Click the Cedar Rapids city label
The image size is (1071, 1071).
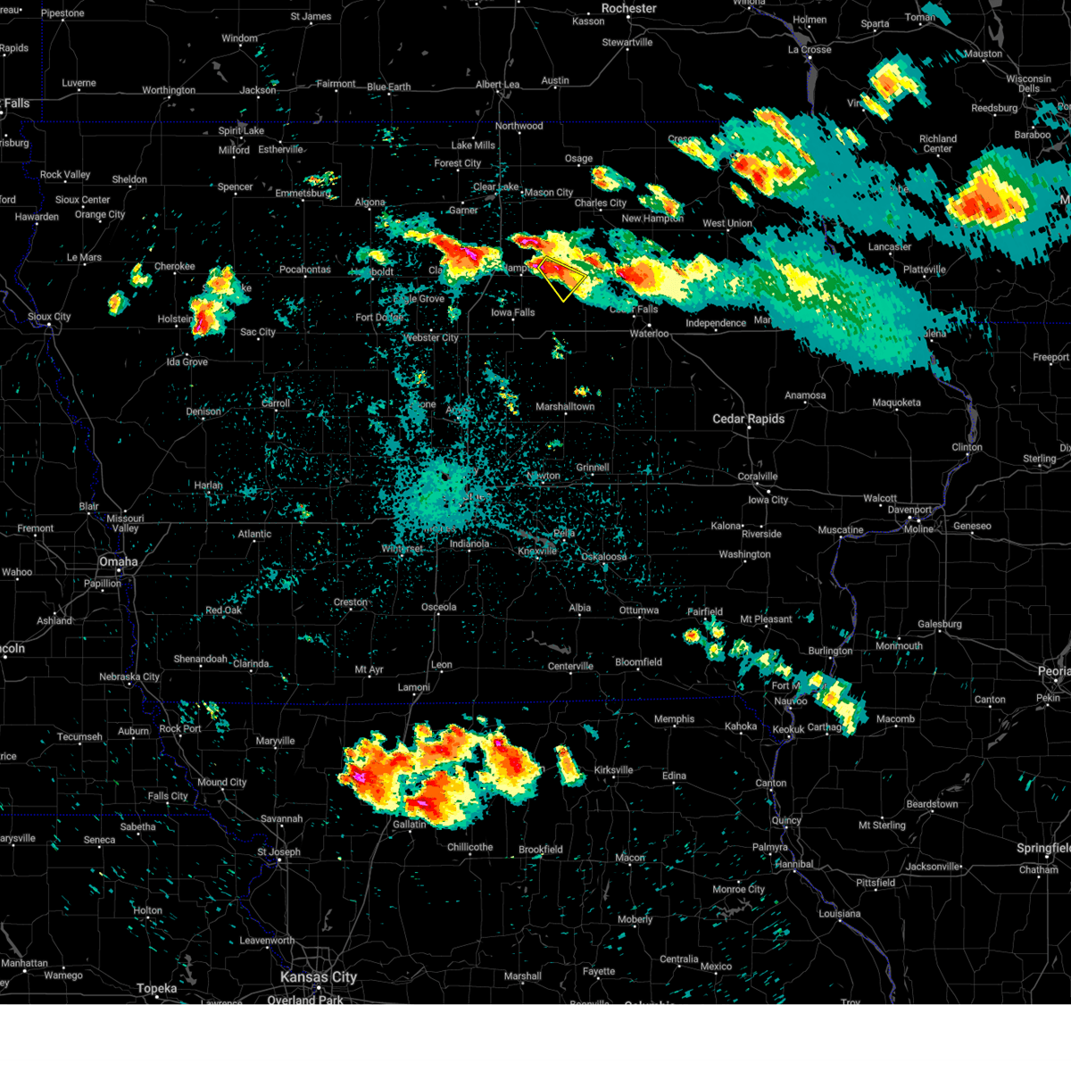click(748, 419)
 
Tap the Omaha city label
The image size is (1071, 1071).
click(119, 561)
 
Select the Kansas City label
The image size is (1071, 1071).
click(319, 977)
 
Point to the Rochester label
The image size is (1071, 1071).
click(629, 8)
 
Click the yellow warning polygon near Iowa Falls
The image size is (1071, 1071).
click(563, 278)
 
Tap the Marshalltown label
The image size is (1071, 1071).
click(565, 406)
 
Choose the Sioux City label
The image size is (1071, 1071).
click(49, 317)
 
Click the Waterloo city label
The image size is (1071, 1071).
click(649, 334)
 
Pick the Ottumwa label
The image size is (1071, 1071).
click(639, 610)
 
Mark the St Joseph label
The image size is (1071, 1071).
click(279, 851)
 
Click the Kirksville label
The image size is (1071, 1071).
click(613, 770)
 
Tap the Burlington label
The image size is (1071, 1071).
click(831, 651)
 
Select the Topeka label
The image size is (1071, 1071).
click(156, 988)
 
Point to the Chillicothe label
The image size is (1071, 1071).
click(470, 847)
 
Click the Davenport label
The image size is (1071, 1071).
click(909, 510)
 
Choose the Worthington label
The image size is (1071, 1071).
click(169, 90)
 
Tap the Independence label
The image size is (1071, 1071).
click(716, 323)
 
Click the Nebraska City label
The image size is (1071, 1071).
click(129, 677)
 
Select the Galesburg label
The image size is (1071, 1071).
click(940, 624)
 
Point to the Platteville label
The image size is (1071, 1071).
click(924, 270)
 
